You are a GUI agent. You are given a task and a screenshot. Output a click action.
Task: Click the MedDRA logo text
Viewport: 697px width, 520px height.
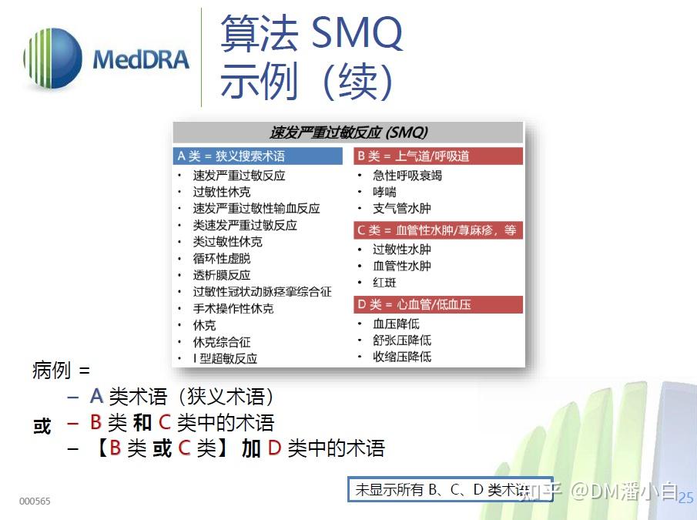[140, 59]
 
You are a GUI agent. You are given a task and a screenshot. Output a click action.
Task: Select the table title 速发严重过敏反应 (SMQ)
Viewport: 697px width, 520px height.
[348, 132]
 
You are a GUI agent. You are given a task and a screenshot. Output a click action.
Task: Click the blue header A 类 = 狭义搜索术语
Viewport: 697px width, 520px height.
[256, 156]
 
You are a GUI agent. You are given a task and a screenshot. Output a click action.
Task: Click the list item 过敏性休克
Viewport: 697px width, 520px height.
[222, 192]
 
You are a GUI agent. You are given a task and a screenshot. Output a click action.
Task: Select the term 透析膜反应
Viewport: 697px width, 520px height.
[222, 275]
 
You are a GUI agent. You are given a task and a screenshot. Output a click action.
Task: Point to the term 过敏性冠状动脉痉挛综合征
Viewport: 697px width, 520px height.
[262, 292]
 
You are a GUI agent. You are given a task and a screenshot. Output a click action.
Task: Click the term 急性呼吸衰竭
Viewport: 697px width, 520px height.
[407, 176]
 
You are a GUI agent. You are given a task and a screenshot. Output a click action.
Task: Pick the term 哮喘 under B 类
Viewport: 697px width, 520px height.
[384, 192]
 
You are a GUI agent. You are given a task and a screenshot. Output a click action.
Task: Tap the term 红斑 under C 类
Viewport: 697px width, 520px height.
[384, 283]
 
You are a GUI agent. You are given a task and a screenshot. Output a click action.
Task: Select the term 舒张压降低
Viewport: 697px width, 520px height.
[402, 340]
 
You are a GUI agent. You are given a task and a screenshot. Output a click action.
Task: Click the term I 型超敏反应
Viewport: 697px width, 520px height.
[225, 358]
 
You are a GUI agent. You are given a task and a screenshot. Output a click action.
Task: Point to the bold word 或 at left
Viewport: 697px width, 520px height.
[42, 426]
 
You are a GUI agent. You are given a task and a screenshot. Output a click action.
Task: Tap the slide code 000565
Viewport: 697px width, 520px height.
[35, 502]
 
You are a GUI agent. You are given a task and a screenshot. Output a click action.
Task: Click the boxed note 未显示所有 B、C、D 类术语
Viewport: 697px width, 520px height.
[450, 489]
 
